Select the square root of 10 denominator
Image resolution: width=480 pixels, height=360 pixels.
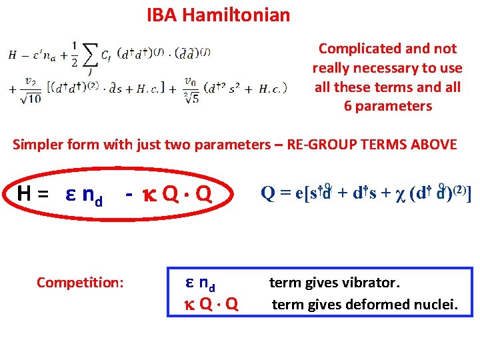(31, 98)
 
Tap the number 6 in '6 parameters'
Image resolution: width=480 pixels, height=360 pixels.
(347, 106)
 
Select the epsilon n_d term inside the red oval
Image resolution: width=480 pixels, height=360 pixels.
(83, 195)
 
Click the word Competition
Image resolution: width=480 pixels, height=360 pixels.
(80, 283)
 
